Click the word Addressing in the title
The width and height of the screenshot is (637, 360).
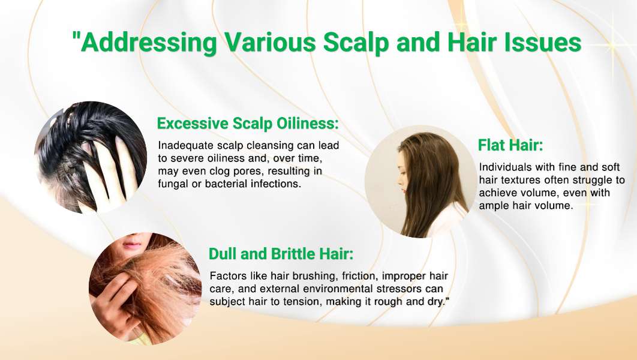[x=149, y=42]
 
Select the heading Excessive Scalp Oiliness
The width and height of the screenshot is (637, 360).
[x=248, y=123]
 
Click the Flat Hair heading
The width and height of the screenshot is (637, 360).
[x=510, y=145]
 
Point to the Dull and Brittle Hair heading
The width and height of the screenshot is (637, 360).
[x=281, y=254]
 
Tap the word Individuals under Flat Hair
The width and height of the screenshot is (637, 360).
[x=506, y=167]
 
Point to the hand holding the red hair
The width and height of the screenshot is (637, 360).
[x=112, y=301]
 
